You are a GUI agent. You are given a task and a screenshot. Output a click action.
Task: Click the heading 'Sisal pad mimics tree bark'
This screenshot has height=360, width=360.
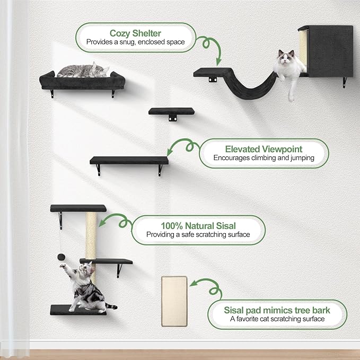277,310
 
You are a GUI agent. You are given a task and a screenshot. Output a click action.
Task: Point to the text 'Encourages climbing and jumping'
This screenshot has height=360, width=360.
264,158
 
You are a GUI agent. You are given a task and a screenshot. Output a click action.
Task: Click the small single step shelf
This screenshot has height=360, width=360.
171,111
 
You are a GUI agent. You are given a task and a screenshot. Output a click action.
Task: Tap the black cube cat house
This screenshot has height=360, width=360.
329,50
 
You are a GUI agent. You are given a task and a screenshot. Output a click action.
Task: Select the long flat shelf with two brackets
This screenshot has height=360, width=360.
129,160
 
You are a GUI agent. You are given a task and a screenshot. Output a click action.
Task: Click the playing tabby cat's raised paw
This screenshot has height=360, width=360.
64,267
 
